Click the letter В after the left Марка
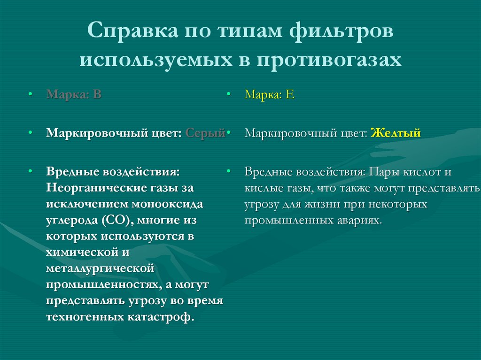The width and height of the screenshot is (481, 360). pos(97,94)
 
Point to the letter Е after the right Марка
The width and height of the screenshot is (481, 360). pos(290,94)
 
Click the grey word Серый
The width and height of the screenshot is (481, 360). pos(206,133)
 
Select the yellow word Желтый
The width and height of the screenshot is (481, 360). pos(396,133)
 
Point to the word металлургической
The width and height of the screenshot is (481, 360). pos(101,268)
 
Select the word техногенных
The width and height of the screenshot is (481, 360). pos(85,317)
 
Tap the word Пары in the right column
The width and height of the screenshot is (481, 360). pos(384,172)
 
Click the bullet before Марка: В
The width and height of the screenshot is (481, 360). pos(30,94)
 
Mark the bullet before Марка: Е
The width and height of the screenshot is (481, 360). pos(228,94)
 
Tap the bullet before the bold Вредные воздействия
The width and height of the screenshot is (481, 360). pos(30,172)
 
